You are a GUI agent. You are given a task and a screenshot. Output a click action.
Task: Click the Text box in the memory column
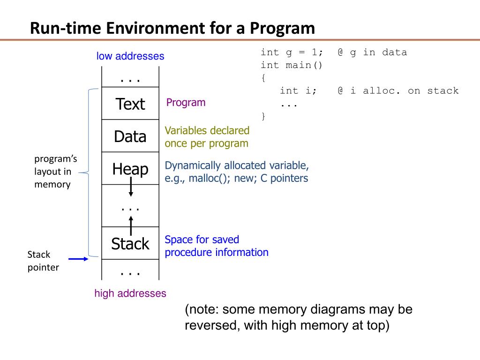tap(130, 104)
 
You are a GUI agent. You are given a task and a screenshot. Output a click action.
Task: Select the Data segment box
tap(130, 136)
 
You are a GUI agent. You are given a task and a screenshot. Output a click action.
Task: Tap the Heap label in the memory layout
tap(130, 169)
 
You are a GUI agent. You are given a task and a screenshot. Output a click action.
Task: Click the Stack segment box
tap(130, 244)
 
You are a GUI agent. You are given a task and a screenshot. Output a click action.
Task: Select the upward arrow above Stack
tap(131, 225)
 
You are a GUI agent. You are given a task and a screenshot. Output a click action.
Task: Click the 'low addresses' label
tap(130, 56)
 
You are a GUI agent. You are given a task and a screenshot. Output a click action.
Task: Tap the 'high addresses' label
tap(130, 293)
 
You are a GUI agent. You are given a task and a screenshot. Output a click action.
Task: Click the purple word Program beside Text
tap(186, 102)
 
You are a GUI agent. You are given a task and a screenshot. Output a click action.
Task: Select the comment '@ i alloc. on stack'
tap(397, 90)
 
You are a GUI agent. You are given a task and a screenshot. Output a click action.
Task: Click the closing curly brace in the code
tap(263, 116)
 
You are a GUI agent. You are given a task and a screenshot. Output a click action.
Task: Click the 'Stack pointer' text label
tap(43, 261)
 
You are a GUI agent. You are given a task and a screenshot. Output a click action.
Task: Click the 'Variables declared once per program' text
tap(207, 137)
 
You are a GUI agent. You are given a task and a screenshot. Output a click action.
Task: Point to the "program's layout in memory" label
tap(52, 172)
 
